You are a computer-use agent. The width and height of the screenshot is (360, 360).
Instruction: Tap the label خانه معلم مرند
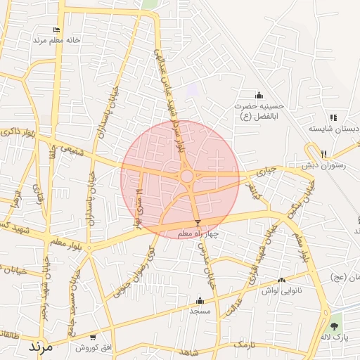(57, 40)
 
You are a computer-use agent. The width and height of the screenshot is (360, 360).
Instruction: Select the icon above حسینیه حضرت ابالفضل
(259, 96)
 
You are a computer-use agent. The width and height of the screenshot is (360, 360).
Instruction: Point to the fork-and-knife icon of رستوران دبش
(323, 154)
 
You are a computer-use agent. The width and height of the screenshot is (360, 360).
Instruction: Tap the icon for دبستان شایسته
(333, 117)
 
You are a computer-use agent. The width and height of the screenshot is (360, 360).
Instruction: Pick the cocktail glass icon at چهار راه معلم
(197, 223)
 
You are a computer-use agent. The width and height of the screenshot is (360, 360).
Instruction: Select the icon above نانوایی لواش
(282, 280)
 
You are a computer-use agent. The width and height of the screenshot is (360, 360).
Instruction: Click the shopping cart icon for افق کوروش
(94, 337)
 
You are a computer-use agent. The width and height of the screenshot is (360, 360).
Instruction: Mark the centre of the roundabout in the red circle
(187, 176)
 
